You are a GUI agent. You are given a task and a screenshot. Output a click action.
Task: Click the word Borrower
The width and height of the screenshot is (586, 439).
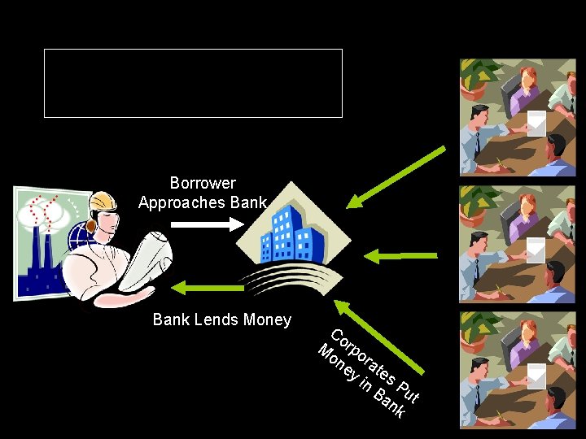click(203, 184)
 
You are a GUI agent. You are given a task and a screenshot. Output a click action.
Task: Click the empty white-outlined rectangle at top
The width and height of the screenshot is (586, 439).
click(193, 83)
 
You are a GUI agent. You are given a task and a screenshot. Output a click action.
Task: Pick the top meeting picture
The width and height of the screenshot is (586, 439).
click(518, 118)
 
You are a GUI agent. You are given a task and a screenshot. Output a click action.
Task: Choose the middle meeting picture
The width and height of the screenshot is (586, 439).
click(518, 244)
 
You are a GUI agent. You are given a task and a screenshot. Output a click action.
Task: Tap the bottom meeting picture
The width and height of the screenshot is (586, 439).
click(518, 370)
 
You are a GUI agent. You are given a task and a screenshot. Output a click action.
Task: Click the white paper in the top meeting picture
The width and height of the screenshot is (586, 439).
click(536, 122)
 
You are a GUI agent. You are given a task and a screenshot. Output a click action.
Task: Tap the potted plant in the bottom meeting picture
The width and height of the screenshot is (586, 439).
click(476, 325)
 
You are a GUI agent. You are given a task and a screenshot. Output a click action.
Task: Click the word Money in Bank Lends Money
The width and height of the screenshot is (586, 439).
click(266, 319)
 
